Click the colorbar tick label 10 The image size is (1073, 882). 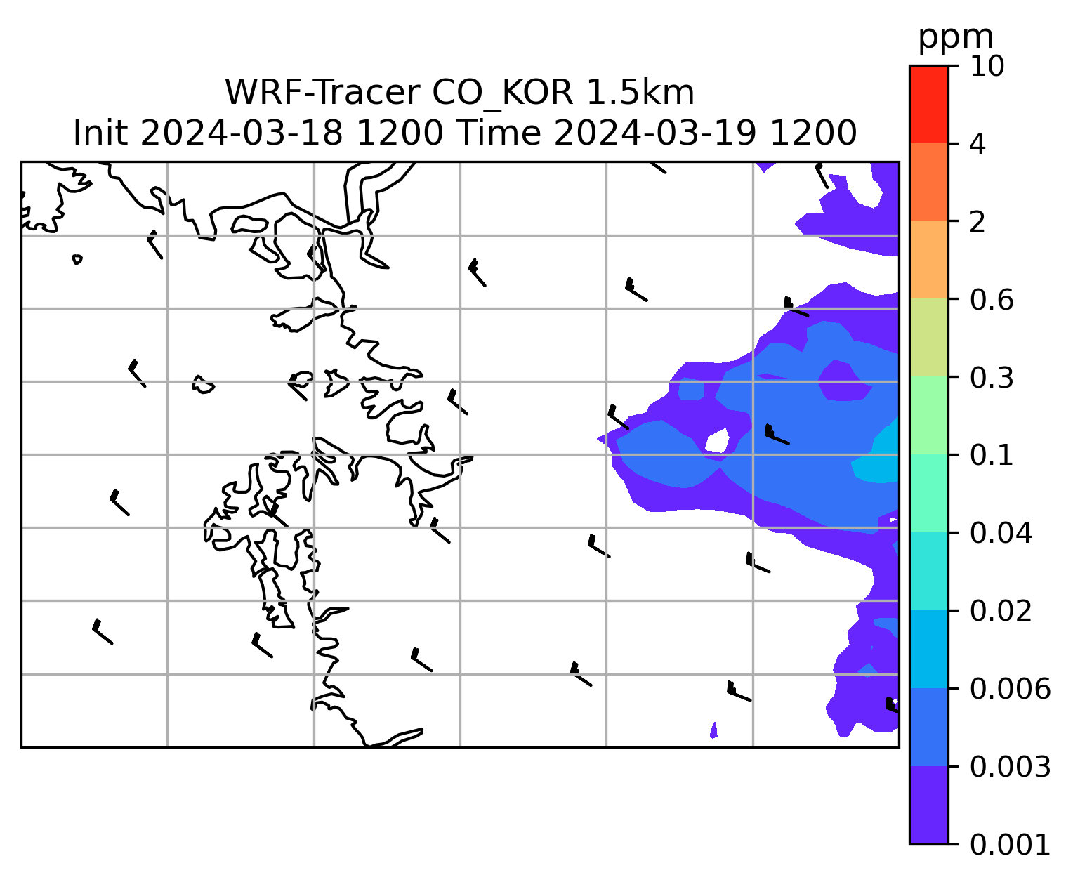pyautogui.click(x=987, y=66)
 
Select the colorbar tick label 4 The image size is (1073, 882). pyautogui.click(x=977, y=144)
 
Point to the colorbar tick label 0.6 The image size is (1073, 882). pyautogui.click(x=992, y=300)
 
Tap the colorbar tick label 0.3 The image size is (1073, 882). pyautogui.click(x=992, y=378)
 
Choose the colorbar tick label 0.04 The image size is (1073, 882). pyautogui.click(x=1001, y=533)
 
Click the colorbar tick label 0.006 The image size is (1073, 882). pyautogui.click(x=1010, y=689)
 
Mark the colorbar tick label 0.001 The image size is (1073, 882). pyautogui.click(x=1010, y=845)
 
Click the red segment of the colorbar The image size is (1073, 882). pyautogui.click(x=928, y=105)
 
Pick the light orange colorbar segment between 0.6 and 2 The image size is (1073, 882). pyautogui.click(x=928, y=259)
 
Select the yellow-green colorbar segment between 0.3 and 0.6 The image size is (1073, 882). pyautogui.click(x=928, y=338)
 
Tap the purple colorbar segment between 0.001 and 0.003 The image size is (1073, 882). pyautogui.click(x=928, y=805)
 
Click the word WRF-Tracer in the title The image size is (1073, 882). pyautogui.click(x=322, y=93)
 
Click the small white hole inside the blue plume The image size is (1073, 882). pyautogui.click(x=717, y=440)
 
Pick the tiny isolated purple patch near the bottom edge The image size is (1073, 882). pyautogui.click(x=713, y=731)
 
